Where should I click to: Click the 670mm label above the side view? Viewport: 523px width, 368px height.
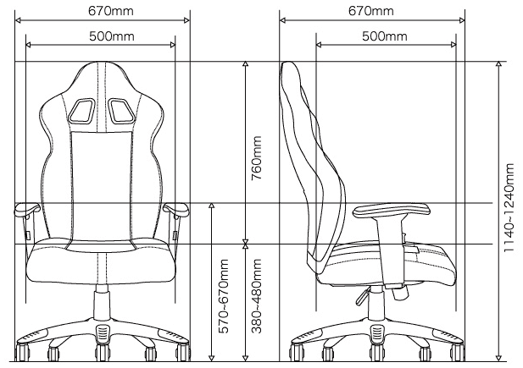coord(371,11)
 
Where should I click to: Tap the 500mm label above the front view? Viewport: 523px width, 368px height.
coord(112,36)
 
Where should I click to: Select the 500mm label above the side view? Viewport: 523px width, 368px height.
coord(385,36)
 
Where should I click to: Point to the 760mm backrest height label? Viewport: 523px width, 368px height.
coord(257,158)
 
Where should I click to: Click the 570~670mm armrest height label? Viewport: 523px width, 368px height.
coord(224,296)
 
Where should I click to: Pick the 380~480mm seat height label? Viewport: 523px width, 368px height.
coord(257,296)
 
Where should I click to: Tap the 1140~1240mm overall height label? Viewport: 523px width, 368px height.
coord(509,207)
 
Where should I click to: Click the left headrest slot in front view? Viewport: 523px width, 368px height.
coord(81,111)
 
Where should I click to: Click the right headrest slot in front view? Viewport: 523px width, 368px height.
coord(121,111)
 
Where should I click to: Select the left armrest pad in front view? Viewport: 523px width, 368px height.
coord(26,209)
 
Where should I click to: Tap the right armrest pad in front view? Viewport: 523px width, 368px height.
coord(176,209)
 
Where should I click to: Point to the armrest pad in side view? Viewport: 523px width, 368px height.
coord(392,211)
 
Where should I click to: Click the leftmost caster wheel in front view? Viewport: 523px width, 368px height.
coord(22,352)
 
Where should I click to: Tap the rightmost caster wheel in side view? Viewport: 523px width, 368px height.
coord(457,352)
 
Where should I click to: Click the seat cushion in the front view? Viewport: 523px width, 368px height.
coord(101,263)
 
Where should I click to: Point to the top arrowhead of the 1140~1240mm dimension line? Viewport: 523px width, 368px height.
coord(498,64)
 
